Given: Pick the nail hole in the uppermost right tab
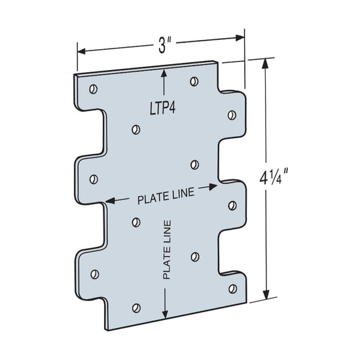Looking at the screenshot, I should (x=231, y=115).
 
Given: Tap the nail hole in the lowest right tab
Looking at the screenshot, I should (x=231, y=279).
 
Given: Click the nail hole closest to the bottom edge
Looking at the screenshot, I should (x=135, y=306).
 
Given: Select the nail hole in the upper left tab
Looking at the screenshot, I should (x=93, y=178).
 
